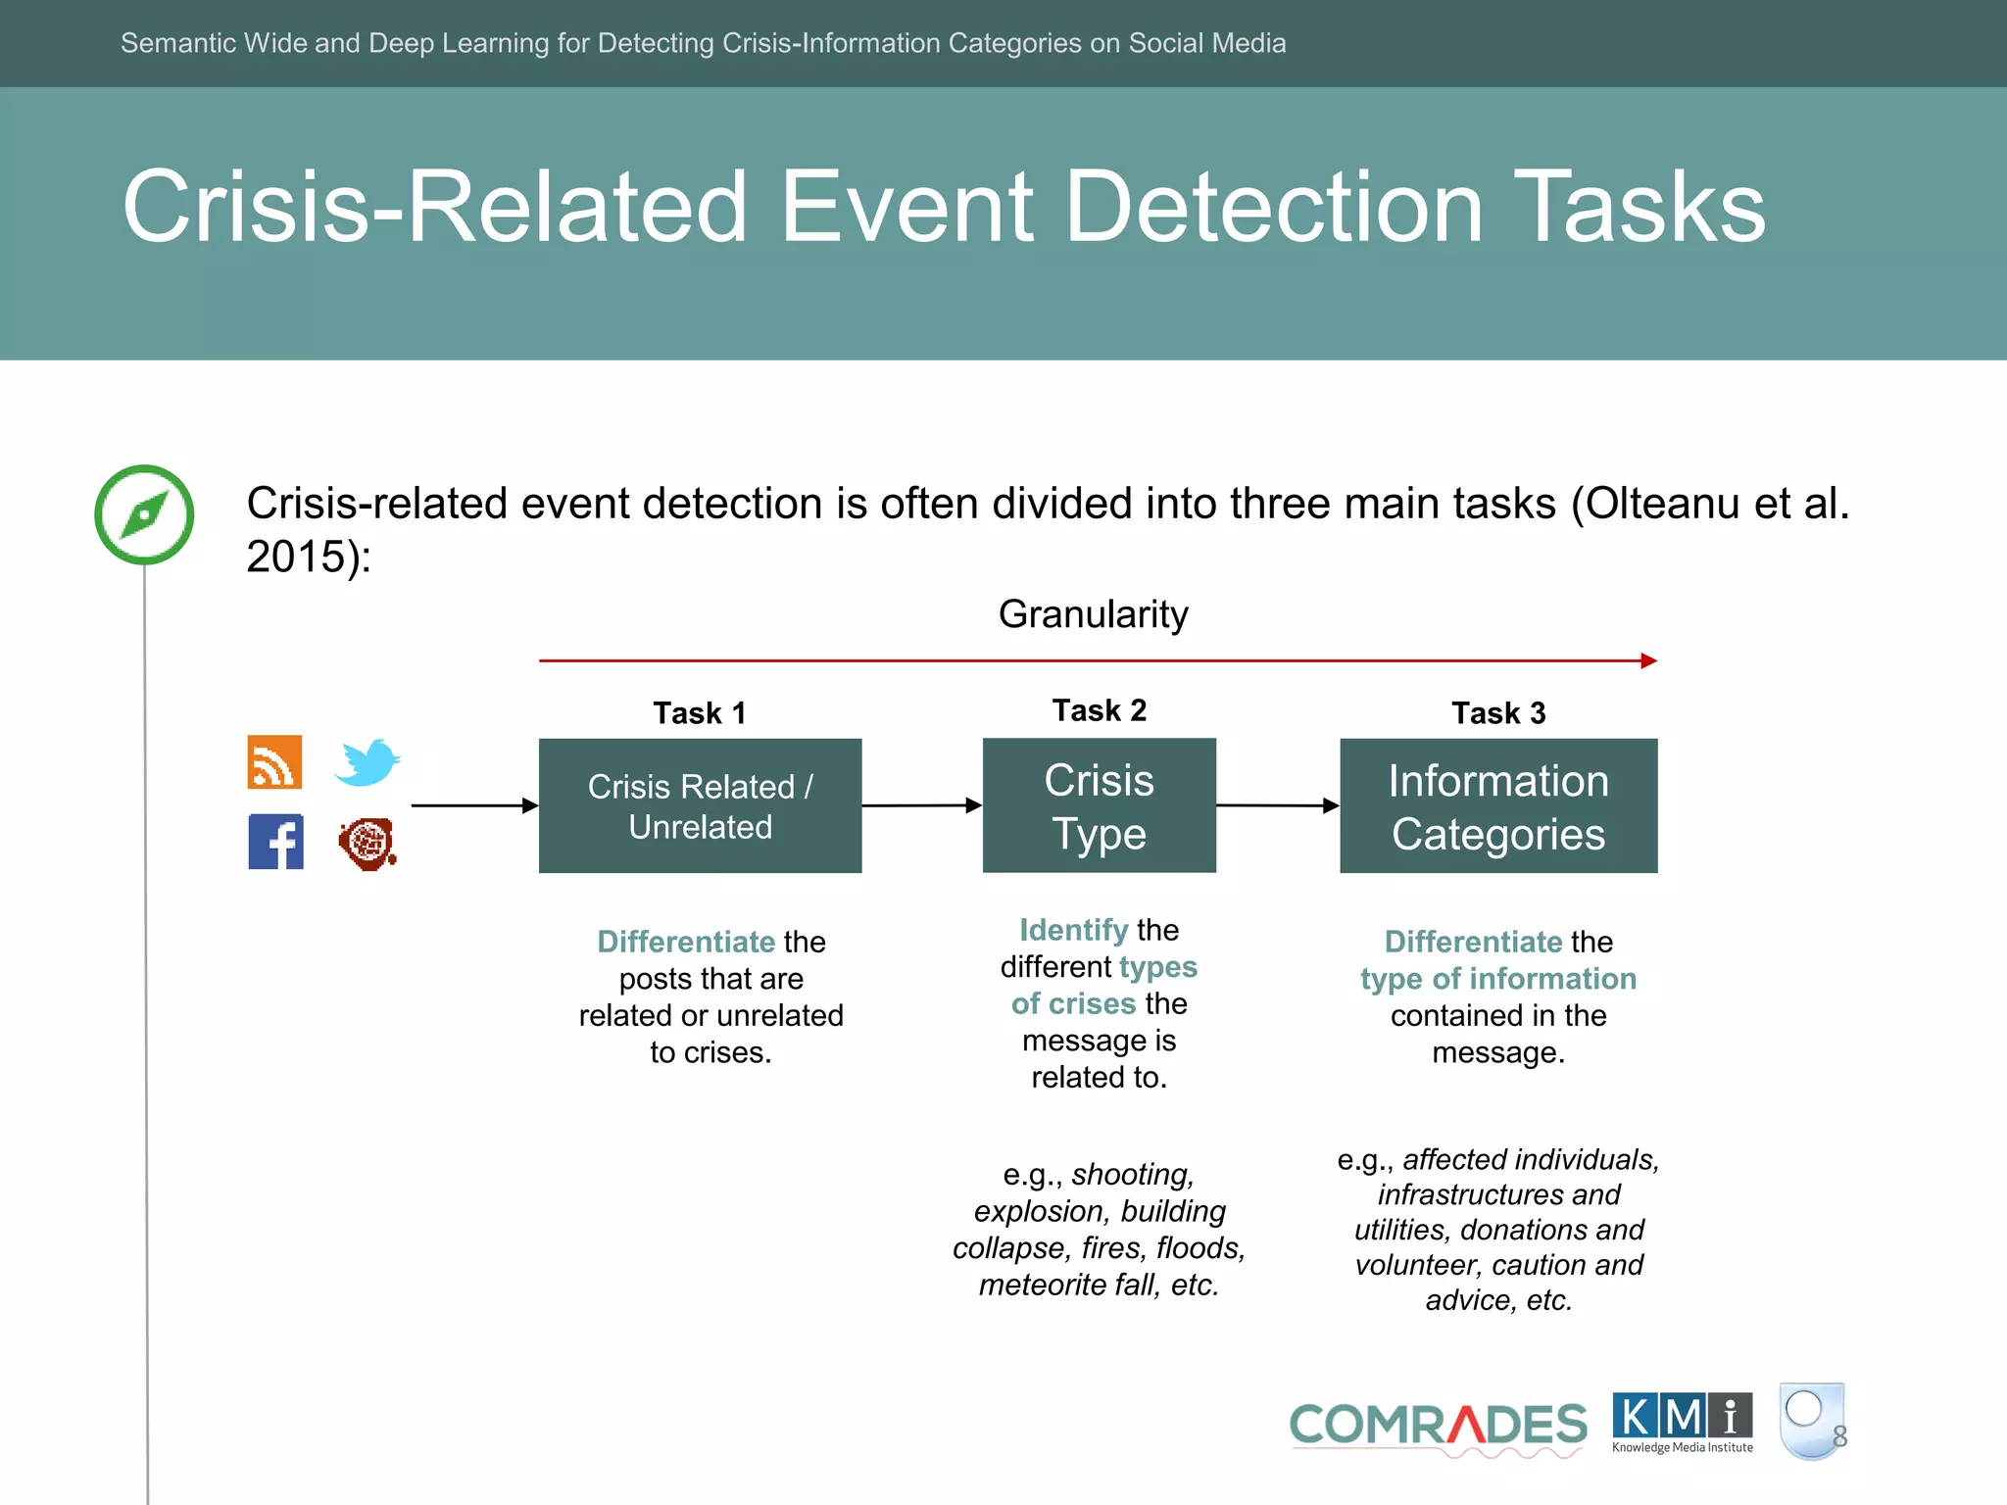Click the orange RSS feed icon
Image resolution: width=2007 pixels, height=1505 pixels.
274,761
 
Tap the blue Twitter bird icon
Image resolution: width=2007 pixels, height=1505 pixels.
367,761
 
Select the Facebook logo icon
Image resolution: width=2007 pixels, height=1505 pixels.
275,842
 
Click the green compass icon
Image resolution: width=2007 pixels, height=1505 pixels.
144,514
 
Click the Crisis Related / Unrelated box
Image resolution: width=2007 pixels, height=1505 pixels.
700,805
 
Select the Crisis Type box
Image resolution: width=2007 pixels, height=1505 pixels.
1099,805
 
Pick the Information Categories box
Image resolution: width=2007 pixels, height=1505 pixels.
1497,805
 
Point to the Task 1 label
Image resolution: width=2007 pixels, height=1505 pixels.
700,712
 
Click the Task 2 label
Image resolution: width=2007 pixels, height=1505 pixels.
1099,709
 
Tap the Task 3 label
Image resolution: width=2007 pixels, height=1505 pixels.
1497,712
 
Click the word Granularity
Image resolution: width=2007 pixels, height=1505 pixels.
1093,614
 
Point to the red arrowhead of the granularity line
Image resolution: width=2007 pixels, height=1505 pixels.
1648,660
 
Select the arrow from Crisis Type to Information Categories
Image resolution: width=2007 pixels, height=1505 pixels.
1277,805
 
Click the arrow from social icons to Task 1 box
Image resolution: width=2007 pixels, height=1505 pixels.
474,805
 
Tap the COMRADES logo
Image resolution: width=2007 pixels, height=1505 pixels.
1438,1426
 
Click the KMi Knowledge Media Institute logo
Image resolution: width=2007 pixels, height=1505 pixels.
1682,1422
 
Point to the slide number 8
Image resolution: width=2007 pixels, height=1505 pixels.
1839,1436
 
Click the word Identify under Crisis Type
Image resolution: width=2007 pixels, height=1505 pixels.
1073,929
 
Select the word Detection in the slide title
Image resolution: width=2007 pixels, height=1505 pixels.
1273,207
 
